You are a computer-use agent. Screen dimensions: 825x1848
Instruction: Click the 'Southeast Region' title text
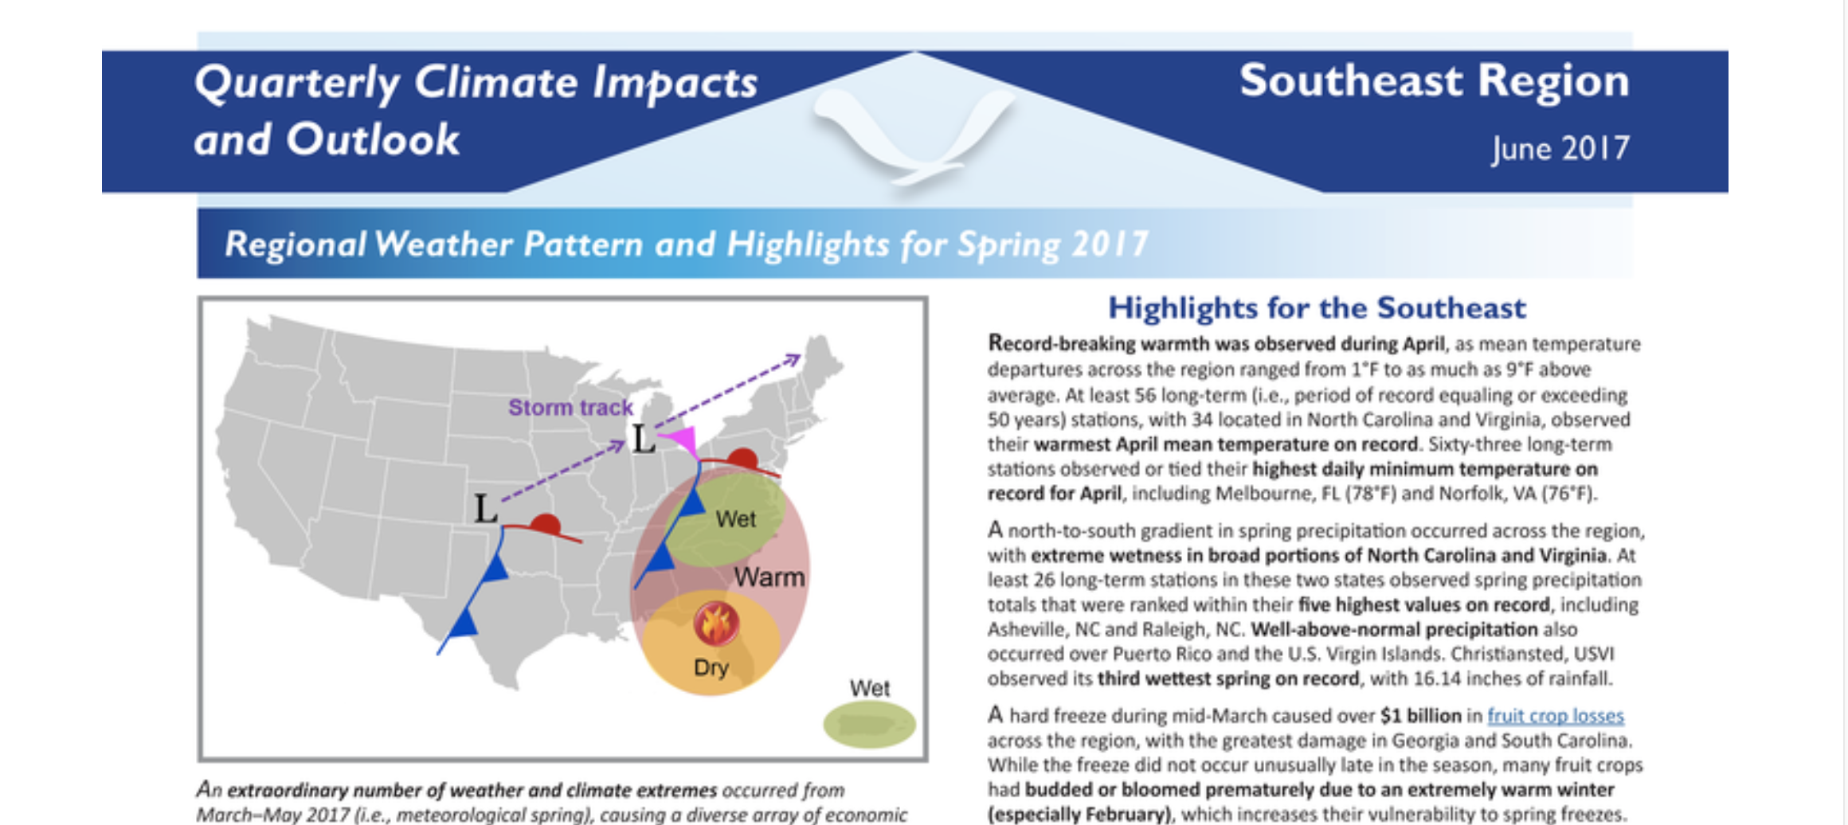click(x=1434, y=81)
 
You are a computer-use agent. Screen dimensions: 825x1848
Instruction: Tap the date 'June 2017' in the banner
click(x=1560, y=149)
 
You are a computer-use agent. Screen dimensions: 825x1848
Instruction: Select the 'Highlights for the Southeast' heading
click(x=1317, y=308)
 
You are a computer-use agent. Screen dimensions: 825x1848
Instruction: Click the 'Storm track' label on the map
click(x=570, y=408)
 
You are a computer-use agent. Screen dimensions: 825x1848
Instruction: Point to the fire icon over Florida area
click(x=715, y=624)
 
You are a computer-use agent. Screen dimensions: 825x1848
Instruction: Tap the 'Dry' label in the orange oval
click(x=711, y=667)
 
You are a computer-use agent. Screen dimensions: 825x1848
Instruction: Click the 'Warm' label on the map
click(x=769, y=577)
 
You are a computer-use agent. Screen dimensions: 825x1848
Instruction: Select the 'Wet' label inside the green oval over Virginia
click(x=735, y=519)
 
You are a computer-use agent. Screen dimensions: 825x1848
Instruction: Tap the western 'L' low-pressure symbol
click(x=486, y=508)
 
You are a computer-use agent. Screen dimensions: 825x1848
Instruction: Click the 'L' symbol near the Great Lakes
click(x=644, y=439)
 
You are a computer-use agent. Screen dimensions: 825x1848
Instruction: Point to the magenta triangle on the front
click(x=682, y=440)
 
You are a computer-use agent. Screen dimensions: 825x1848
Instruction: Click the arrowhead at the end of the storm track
click(x=793, y=359)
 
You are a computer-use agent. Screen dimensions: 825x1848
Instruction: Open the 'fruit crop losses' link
click(x=1555, y=716)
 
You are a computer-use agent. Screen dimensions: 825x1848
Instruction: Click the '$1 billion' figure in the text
click(x=1421, y=716)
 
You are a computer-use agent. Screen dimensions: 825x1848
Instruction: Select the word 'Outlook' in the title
click(x=372, y=140)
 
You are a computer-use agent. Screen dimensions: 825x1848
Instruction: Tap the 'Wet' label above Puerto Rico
click(x=869, y=688)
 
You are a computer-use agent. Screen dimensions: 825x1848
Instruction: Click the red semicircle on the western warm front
click(x=546, y=524)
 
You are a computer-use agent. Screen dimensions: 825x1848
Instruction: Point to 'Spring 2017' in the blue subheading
click(x=1052, y=244)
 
